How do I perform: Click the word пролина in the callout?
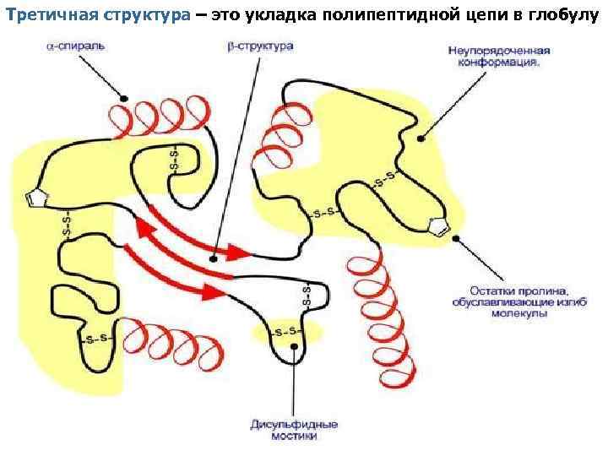tap(528, 290)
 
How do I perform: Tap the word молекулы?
tap(523, 312)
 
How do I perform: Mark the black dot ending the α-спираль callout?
tap(123, 99)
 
